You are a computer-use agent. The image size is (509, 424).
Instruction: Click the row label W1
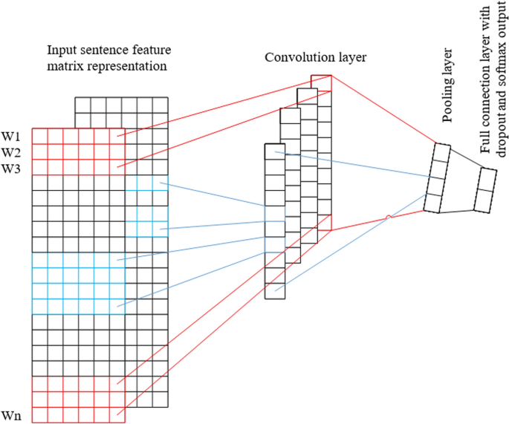(x=10, y=137)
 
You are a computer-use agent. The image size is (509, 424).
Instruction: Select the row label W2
(x=10, y=152)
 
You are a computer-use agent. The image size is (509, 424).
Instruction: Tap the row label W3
(x=10, y=169)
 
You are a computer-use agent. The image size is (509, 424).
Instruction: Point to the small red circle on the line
(x=387, y=217)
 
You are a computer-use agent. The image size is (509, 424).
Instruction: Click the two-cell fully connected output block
(x=487, y=190)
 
